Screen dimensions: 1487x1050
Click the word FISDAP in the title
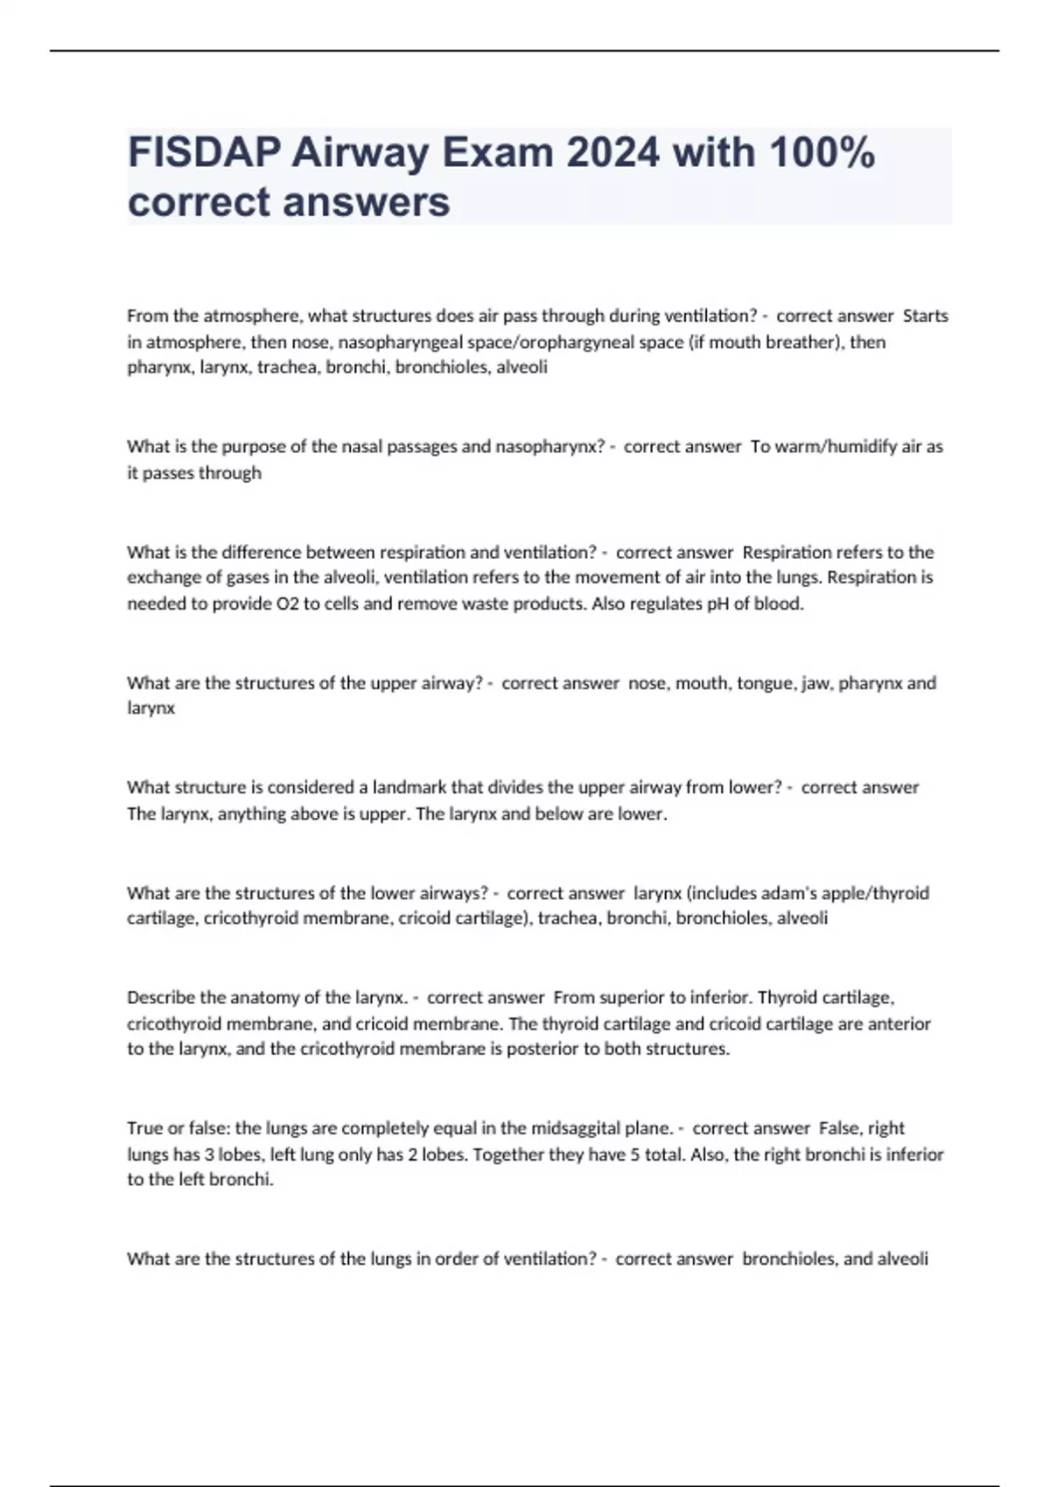click(203, 153)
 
